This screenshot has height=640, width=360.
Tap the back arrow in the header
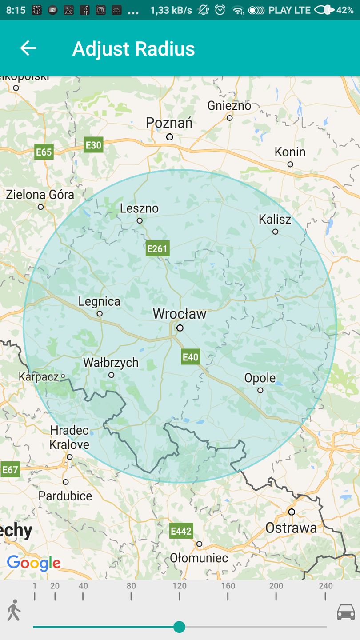(28, 48)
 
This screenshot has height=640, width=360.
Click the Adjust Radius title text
(133, 49)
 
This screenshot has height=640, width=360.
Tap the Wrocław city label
(180, 314)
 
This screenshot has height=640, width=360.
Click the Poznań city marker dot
(169, 137)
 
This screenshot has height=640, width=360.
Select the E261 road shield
(157, 249)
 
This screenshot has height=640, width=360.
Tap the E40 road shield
(190, 357)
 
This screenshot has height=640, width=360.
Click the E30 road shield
(94, 145)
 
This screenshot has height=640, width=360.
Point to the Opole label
(260, 378)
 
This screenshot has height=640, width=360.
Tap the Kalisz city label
(275, 219)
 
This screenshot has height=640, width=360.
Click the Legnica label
(99, 301)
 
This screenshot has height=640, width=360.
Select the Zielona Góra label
(40, 195)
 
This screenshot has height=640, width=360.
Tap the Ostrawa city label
(291, 528)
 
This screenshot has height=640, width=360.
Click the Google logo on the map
(34, 564)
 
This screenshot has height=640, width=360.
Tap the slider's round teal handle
(179, 627)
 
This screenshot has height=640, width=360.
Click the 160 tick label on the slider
(228, 586)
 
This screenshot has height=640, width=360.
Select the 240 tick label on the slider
(325, 586)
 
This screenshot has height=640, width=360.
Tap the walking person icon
(14, 610)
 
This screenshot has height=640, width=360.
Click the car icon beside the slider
(346, 612)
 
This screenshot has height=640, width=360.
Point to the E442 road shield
(181, 531)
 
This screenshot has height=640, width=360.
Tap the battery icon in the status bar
(324, 10)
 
